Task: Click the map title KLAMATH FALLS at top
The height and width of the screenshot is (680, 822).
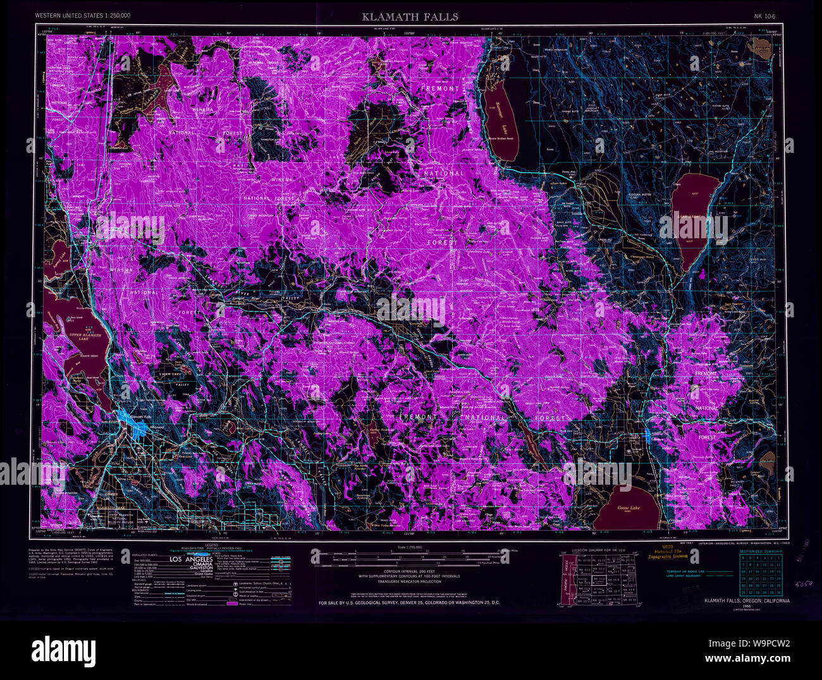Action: click(410, 17)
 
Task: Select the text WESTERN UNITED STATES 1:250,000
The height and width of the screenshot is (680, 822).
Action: click(83, 15)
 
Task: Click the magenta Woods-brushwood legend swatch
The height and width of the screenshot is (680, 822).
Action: click(232, 605)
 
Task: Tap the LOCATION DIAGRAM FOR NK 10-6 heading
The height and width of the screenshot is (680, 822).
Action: click(601, 551)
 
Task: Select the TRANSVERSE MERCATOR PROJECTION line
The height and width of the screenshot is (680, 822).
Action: click(409, 582)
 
